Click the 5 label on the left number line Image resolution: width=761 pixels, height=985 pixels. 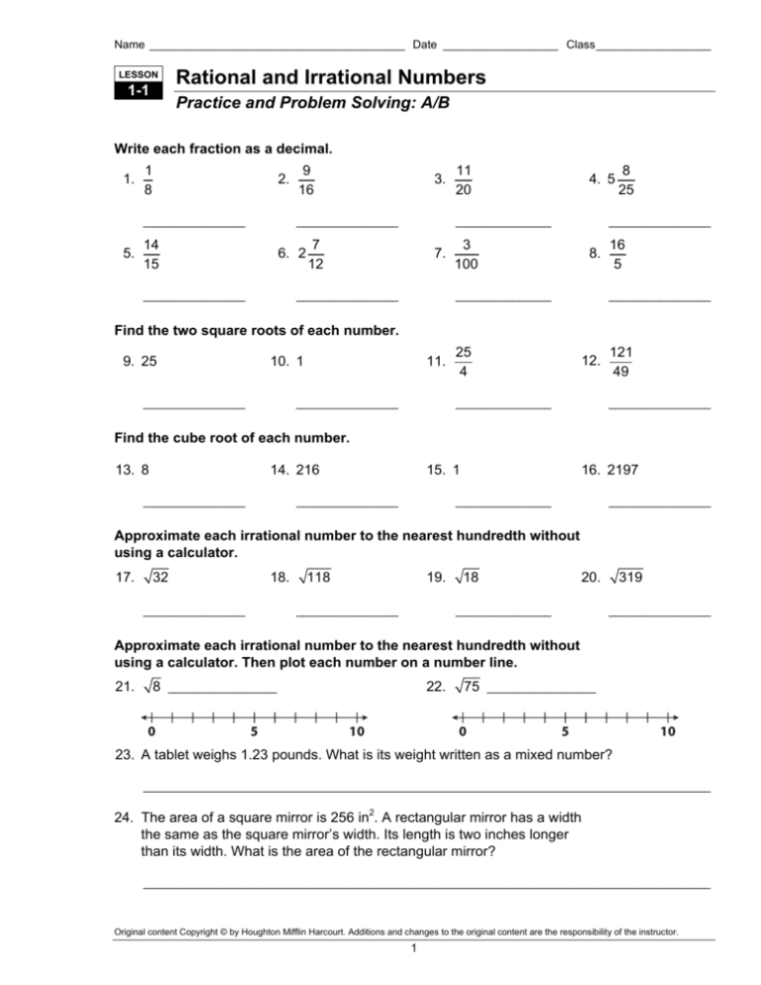[x=255, y=733]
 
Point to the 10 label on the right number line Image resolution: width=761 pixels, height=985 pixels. [x=668, y=733]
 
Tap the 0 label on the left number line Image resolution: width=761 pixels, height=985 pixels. [x=151, y=733]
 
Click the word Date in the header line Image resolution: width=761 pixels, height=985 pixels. [x=425, y=45]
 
